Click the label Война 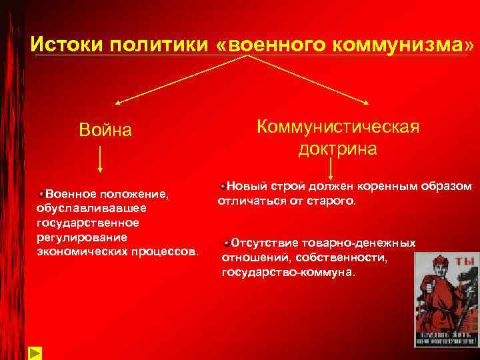(105, 129)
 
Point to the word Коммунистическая (338, 126)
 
